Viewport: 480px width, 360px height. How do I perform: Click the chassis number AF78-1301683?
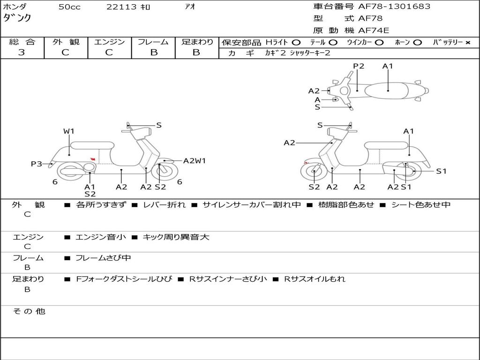(x=394, y=6)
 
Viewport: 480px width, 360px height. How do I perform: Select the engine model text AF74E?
(x=374, y=30)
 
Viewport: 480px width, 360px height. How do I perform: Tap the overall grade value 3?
(x=22, y=52)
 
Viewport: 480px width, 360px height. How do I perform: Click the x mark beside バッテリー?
(x=468, y=43)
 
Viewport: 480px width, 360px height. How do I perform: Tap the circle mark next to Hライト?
(x=296, y=43)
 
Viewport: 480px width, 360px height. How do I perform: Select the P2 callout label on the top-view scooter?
(x=359, y=66)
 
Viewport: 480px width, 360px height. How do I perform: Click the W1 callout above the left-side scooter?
(x=69, y=131)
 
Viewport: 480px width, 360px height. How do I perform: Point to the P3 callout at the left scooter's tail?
(x=37, y=164)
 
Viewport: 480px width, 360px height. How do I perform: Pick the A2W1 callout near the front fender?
(x=195, y=161)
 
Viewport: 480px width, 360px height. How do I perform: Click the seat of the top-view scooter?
(x=386, y=91)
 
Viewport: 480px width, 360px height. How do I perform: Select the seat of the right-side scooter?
(x=387, y=145)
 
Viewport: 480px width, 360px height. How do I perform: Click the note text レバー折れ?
(x=165, y=205)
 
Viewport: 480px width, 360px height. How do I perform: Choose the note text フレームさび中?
(x=103, y=258)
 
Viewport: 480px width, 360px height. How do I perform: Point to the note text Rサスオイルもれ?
(x=315, y=279)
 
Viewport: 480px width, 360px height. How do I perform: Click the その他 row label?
(x=29, y=311)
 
